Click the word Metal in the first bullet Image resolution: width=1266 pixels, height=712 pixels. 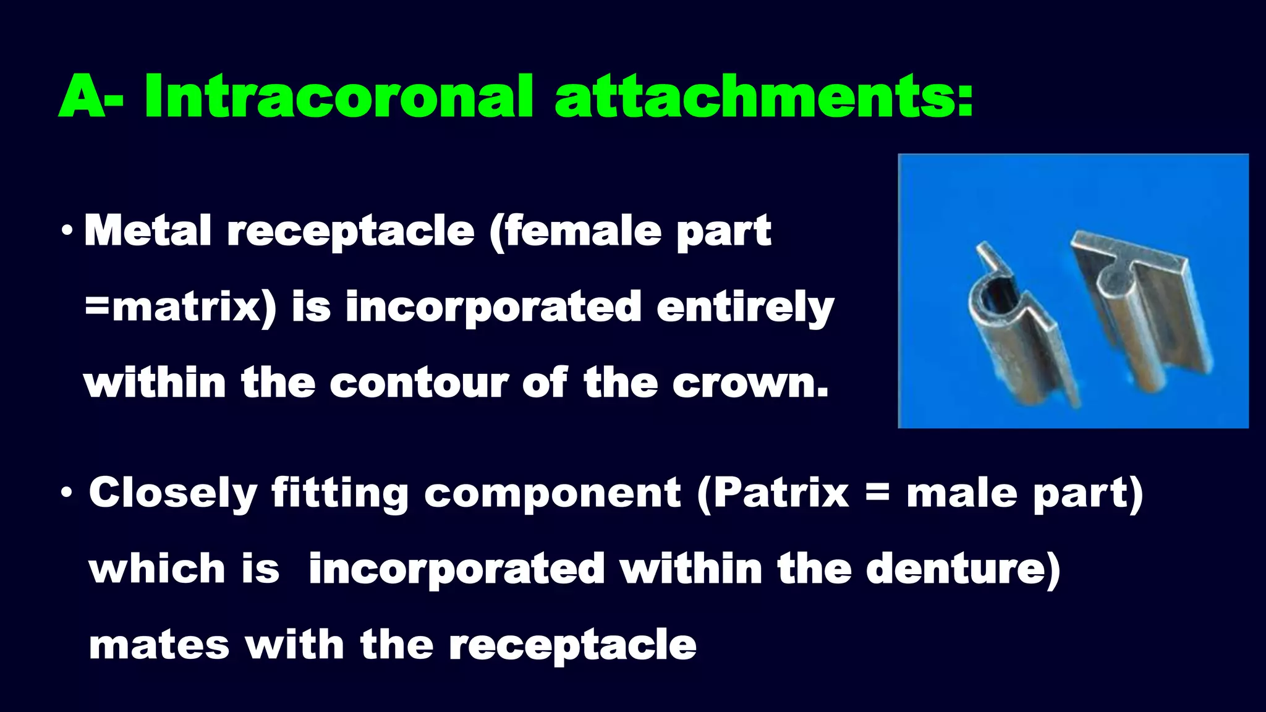pos(148,231)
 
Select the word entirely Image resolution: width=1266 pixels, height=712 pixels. pos(745,307)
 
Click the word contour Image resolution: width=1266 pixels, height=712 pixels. pos(418,383)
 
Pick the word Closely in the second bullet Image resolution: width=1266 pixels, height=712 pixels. pos(172,493)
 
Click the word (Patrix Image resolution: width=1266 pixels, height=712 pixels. pos(773,493)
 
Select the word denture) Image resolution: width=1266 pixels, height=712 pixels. pos(963,569)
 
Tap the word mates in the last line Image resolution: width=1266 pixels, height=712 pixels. pos(159,645)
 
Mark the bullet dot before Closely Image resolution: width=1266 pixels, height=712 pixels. pos(67,494)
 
